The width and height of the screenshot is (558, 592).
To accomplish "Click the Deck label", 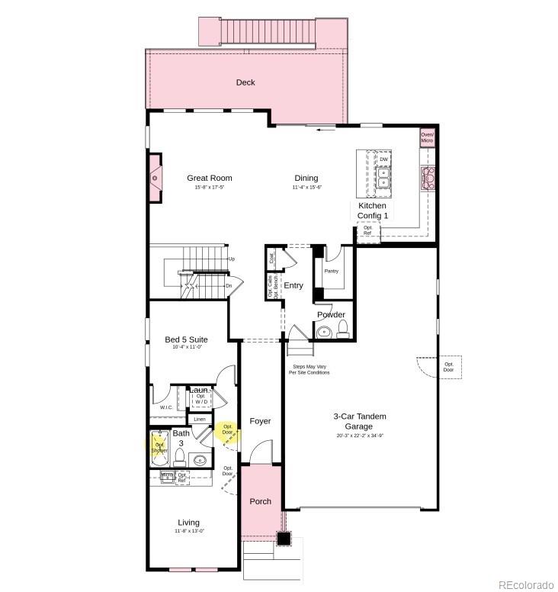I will (245, 82).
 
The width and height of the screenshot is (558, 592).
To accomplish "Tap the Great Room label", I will (210, 179).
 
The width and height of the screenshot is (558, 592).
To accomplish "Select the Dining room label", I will (306, 179).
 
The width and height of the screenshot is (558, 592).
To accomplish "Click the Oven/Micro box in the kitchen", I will (427, 137).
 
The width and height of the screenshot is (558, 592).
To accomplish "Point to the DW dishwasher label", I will (383, 159).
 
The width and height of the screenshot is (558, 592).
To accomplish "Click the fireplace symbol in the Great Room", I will (155, 179).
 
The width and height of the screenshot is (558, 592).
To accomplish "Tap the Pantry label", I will (331, 271).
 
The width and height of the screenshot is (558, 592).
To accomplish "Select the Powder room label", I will (331, 314).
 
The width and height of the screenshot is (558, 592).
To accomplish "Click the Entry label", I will (293, 285).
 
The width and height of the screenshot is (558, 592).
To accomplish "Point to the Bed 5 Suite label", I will (186, 339).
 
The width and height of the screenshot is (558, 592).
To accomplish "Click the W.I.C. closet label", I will (166, 407).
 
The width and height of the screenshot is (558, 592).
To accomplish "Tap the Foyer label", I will (260, 421).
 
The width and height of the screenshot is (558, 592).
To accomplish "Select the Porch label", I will (261, 501).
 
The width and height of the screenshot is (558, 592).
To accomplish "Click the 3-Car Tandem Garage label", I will (360, 422).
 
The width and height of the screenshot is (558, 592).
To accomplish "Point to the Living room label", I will (189, 523).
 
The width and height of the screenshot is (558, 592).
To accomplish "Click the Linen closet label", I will (200, 419).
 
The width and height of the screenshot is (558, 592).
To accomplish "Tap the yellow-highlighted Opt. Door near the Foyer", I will (227, 431).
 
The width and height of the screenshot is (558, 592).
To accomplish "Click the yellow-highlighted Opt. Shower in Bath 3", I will (161, 446).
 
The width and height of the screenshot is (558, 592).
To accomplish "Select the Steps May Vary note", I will (309, 369).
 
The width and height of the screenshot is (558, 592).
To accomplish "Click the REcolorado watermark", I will (526, 584).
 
